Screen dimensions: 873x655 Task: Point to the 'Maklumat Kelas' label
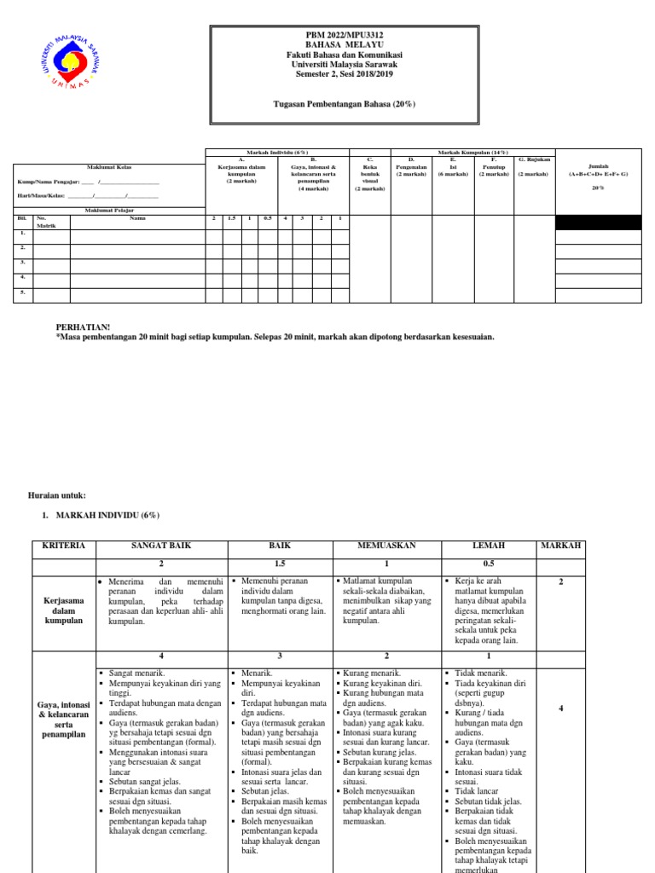[x=107, y=167]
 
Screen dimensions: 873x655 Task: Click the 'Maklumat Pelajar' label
[x=107, y=209]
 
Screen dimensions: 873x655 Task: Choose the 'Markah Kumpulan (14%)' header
[x=472, y=152]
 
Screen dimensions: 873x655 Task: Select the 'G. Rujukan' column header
[x=534, y=159]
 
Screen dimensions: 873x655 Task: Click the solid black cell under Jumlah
[x=597, y=223]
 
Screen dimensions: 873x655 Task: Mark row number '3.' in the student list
[x=23, y=262]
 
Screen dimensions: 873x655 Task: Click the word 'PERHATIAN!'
[x=83, y=327]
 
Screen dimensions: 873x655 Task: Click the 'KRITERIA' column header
[x=66, y=545]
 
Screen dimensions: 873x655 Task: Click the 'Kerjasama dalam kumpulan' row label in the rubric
[x=66, y=611]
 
